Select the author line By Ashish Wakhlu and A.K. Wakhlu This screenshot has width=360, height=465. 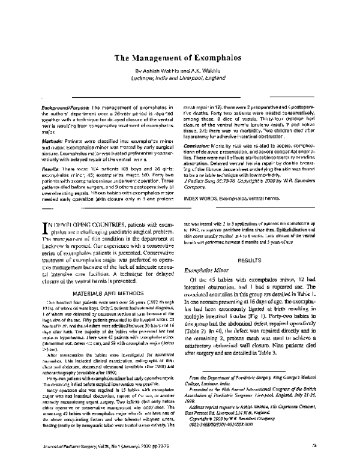[x=179, y=70]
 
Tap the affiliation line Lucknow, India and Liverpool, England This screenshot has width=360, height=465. [x=179, y=78]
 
